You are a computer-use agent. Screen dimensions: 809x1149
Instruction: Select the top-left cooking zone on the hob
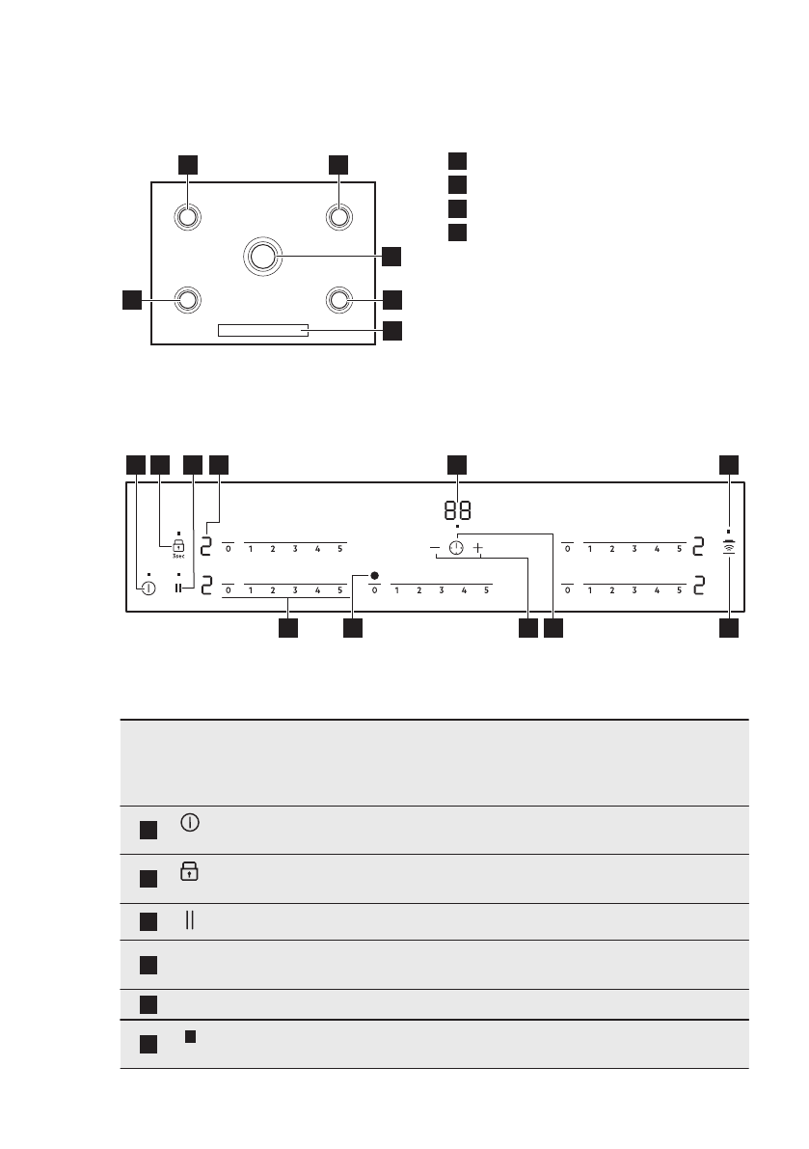click(187, 217)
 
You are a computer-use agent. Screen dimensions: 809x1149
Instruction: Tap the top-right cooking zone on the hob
click(337, 217)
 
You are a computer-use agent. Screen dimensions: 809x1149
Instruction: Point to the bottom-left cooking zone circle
click(187, 299)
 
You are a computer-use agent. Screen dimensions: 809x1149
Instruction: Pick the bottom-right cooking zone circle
click(337, 299)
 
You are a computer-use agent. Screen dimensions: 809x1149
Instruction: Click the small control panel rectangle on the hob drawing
click(263, 330)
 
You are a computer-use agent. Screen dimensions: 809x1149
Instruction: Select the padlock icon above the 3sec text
click(178, 544)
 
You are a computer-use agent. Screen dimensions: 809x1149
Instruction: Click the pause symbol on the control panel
click(179, 588)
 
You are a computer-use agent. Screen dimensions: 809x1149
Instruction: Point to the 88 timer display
click(457, 511)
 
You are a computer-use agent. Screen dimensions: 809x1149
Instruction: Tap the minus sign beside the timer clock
click(435, 548)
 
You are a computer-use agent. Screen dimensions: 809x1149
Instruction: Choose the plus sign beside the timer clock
click(477, 548)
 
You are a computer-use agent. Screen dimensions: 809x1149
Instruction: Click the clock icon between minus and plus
click(456, 548)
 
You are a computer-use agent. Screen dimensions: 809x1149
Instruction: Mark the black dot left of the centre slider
click(374, 576)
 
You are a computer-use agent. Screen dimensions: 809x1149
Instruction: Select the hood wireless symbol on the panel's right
click(729, 547)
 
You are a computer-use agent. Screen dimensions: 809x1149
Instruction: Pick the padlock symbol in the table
click(190, 872)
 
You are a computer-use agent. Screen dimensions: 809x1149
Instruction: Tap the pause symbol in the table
click(190, 921)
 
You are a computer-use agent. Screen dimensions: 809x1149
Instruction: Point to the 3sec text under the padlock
click(178, 558)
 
